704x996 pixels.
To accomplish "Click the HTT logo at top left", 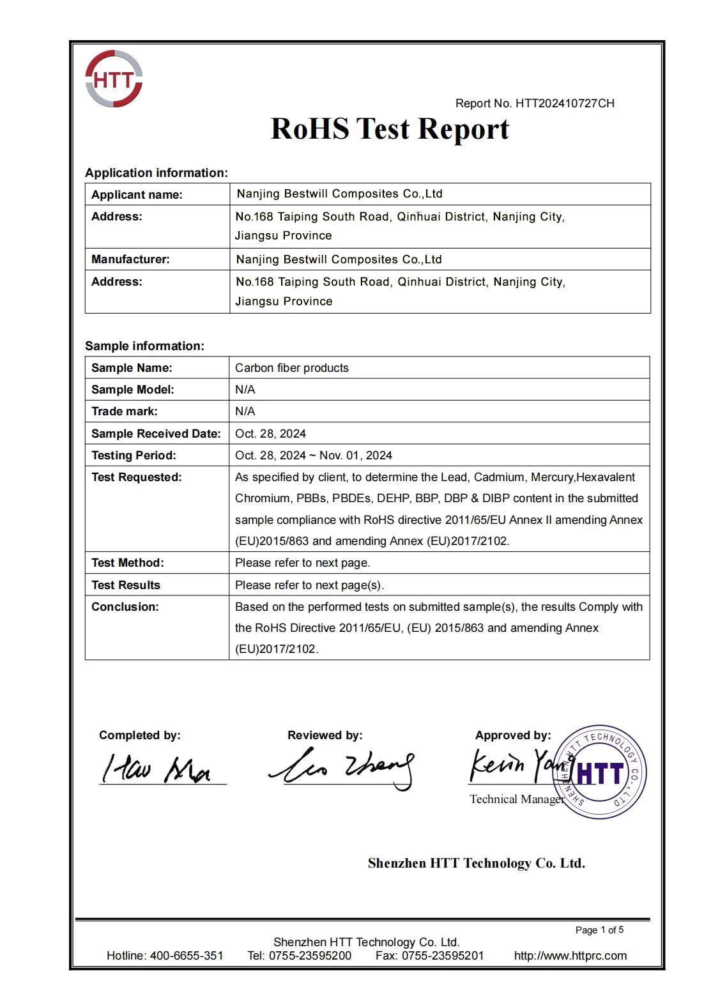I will [x=114, y=79].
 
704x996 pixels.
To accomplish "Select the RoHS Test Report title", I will [x=390, y=129].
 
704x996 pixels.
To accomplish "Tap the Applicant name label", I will [x=137, y=195].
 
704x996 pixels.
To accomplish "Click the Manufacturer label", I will [x=130, y=259].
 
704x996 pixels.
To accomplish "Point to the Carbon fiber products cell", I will [x=292, y=368].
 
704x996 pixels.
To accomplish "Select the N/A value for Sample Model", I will [x=245, y=390].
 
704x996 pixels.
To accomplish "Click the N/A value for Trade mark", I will [x=245, y=411].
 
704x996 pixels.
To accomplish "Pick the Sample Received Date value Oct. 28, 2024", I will [x=270, y=434].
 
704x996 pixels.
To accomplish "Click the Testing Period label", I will [x=134, y=456].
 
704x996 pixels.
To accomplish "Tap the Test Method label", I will [x=127, y=563].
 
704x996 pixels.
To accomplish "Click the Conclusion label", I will [x=125, y=607].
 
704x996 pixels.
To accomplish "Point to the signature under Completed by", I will [x=157, y=769].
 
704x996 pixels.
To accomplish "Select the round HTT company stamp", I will [x=599, y=772].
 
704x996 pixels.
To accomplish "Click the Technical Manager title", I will [x=517, y=799].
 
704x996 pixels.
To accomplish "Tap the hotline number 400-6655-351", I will [x=187, y=956].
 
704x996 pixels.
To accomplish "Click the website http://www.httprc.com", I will [x=570, y=956].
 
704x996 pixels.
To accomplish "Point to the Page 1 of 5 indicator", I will [x=599, y=930].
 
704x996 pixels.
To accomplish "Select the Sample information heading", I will [x=144, y=346].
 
